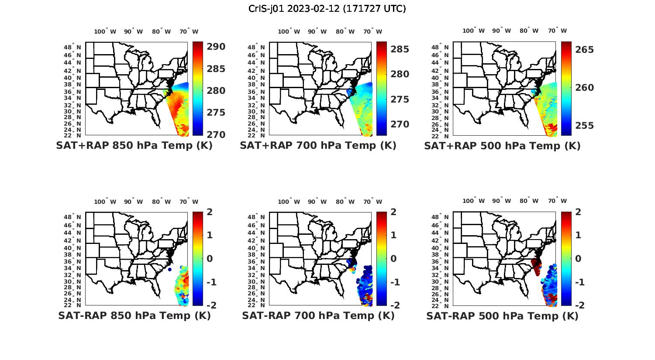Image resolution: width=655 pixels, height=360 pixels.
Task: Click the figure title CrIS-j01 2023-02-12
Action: tap(327, 9)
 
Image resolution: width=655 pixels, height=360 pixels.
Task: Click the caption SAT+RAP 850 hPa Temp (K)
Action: tap(134, 146)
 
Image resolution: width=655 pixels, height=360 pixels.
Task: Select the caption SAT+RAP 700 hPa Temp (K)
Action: tap(318, 146)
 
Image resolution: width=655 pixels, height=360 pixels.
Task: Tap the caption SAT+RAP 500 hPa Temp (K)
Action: tap(502, 146)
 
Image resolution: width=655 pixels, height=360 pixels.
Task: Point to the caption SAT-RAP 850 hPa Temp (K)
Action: tap(134, 315)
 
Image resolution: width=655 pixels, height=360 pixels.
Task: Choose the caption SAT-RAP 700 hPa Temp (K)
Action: tap(318, 315)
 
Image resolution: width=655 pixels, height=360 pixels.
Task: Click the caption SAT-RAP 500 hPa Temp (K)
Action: tap(502, 315)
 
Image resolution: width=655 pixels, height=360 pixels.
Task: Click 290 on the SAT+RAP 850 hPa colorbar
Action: tap(216, 47)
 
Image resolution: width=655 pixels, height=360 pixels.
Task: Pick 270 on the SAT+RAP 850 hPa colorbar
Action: tap(216, 134)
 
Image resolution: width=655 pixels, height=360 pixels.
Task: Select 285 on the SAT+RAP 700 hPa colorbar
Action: tap(400, 49)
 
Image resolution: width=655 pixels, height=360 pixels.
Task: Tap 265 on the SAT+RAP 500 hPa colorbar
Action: tap(585, 50)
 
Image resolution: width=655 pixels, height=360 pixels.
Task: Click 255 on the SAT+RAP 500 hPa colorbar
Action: tap(585, 126)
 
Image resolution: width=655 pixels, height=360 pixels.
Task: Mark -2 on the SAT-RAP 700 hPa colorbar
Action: tap(393, 305)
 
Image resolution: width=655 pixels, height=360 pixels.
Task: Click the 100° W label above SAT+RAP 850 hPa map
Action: tap(105, 31)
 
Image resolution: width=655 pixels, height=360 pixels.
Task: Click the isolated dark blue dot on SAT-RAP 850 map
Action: tap(169, 270)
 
